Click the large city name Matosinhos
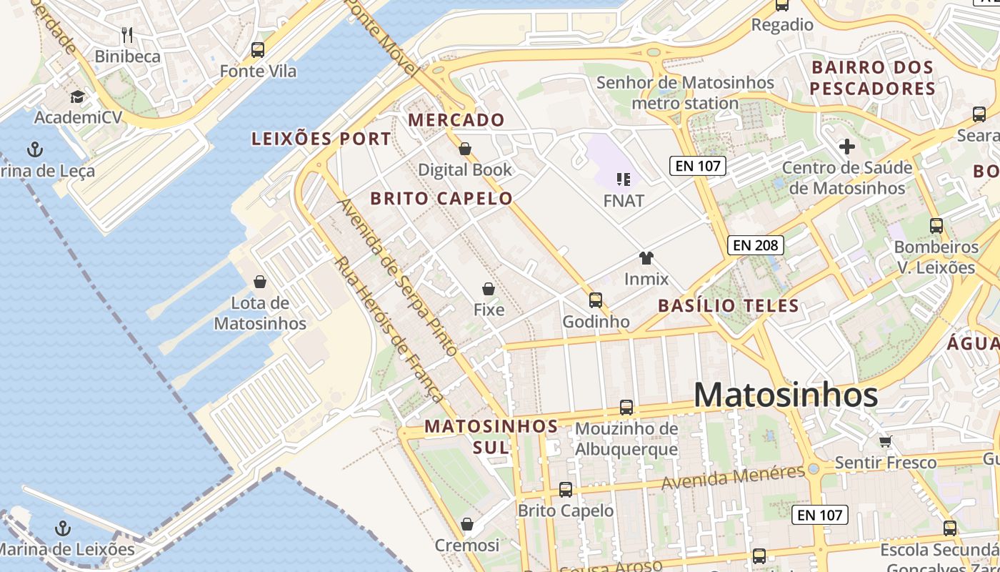(x=786, y=395)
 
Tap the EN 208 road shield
(x=756, y=245)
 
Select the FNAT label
(x=624, y=201)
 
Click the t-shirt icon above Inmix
(x=646, y=258)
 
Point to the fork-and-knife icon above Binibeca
(x=127, y=34)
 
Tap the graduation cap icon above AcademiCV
(x=77, y=97)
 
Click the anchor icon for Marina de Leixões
(x=64, y=528)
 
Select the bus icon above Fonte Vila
(x=258, y=50)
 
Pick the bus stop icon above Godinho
(x=596, y=300)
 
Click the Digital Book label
(x=465, y=169)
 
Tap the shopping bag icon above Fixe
(x=489, y=289)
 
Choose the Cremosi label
(x=467, y=546)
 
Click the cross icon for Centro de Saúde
(x=847, y=147)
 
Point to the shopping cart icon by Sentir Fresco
(x=886, y=441)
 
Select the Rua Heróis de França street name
(x=389, y=329)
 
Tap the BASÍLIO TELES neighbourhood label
(x=728, y=306)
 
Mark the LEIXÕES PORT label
(x=321, y=139)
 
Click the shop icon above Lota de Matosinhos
(x=260, y=282)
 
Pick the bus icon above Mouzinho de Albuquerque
(x=626, y=408)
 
